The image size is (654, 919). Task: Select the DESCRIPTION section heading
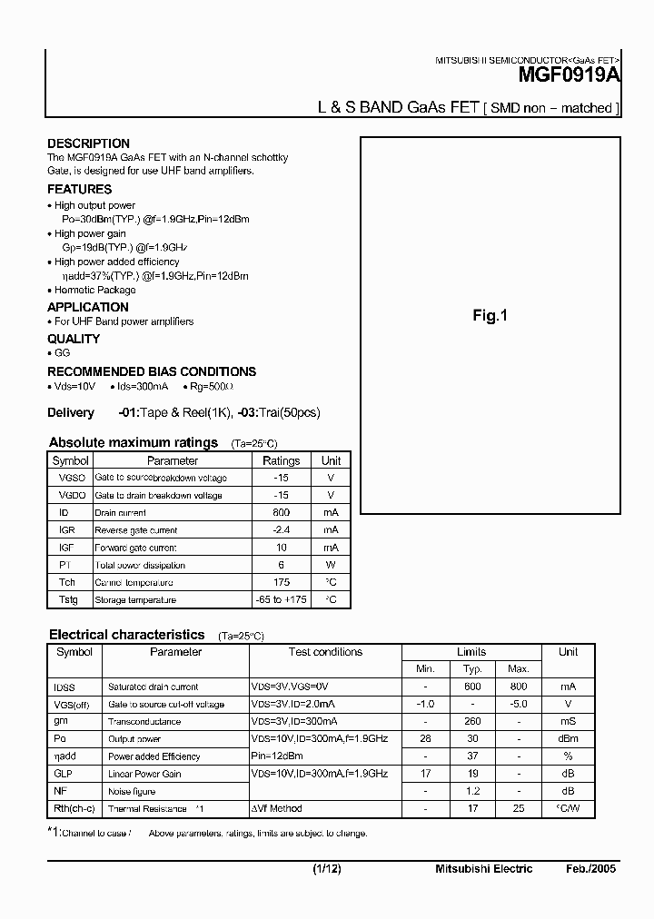tap(88, 143)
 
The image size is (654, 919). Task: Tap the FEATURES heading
tap(79, 189)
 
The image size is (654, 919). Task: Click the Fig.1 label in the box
tap(490, 315)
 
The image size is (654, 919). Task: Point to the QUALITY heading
tap(73, 339)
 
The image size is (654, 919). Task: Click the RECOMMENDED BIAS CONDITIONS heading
tap(151, 371)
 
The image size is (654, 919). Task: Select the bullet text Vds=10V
tap(74, 386)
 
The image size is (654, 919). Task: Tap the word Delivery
tap(71, 412)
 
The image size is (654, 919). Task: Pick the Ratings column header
tap(281, 460)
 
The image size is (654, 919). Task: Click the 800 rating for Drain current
tap(281, 512)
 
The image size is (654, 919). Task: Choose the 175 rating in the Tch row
tap(281, 582)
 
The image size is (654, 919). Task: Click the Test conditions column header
tap(325, 652)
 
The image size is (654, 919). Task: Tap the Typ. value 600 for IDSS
tap(471, 687)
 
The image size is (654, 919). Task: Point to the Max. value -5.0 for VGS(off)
tap(518, 704)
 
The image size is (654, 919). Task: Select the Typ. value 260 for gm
tap(471, 721)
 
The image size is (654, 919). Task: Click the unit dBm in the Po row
tap(568, 738)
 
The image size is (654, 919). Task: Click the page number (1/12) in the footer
tap(326, 869)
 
